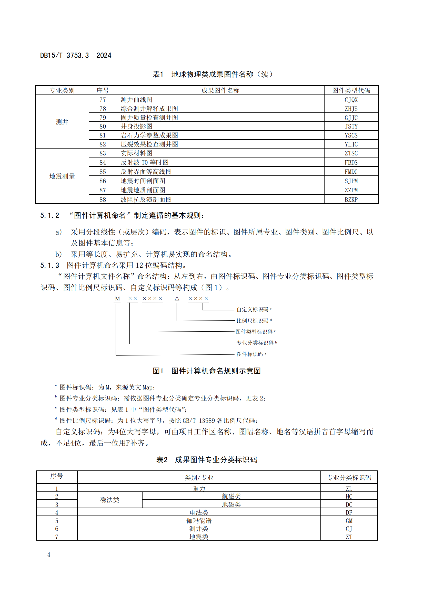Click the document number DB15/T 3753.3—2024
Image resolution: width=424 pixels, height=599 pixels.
click(76, 55)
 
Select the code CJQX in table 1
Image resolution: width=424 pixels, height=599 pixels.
click(351, 100)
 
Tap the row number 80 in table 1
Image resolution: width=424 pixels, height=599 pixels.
click(103, 127)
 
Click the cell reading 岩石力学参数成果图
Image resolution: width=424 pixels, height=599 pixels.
click(149, 135)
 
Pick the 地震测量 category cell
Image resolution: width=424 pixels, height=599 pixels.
click(62, 176)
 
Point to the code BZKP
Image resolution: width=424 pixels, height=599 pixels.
click(351, 199)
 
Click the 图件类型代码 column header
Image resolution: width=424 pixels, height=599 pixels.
click(351, 90)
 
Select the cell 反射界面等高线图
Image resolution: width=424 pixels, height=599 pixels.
click(146, 172)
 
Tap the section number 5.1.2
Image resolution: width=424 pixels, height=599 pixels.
click(50, 215)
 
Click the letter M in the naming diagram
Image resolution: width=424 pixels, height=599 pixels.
click(117, 299)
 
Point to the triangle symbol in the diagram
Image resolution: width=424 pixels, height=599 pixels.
click(177, 298)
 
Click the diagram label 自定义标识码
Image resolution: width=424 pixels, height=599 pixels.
click(252, 310)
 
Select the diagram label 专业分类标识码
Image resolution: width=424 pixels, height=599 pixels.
click(255, 343)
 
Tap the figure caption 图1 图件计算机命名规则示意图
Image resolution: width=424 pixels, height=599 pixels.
click(207, 371)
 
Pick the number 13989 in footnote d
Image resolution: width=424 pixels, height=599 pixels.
click(207, 421)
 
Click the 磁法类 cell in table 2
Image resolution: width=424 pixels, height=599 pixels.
click(110, 500)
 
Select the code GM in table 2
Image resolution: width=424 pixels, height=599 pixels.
click(349, 521)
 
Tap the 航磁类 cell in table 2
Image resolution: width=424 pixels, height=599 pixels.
click(231, 496)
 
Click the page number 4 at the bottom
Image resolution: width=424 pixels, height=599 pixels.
click(49, 555)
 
